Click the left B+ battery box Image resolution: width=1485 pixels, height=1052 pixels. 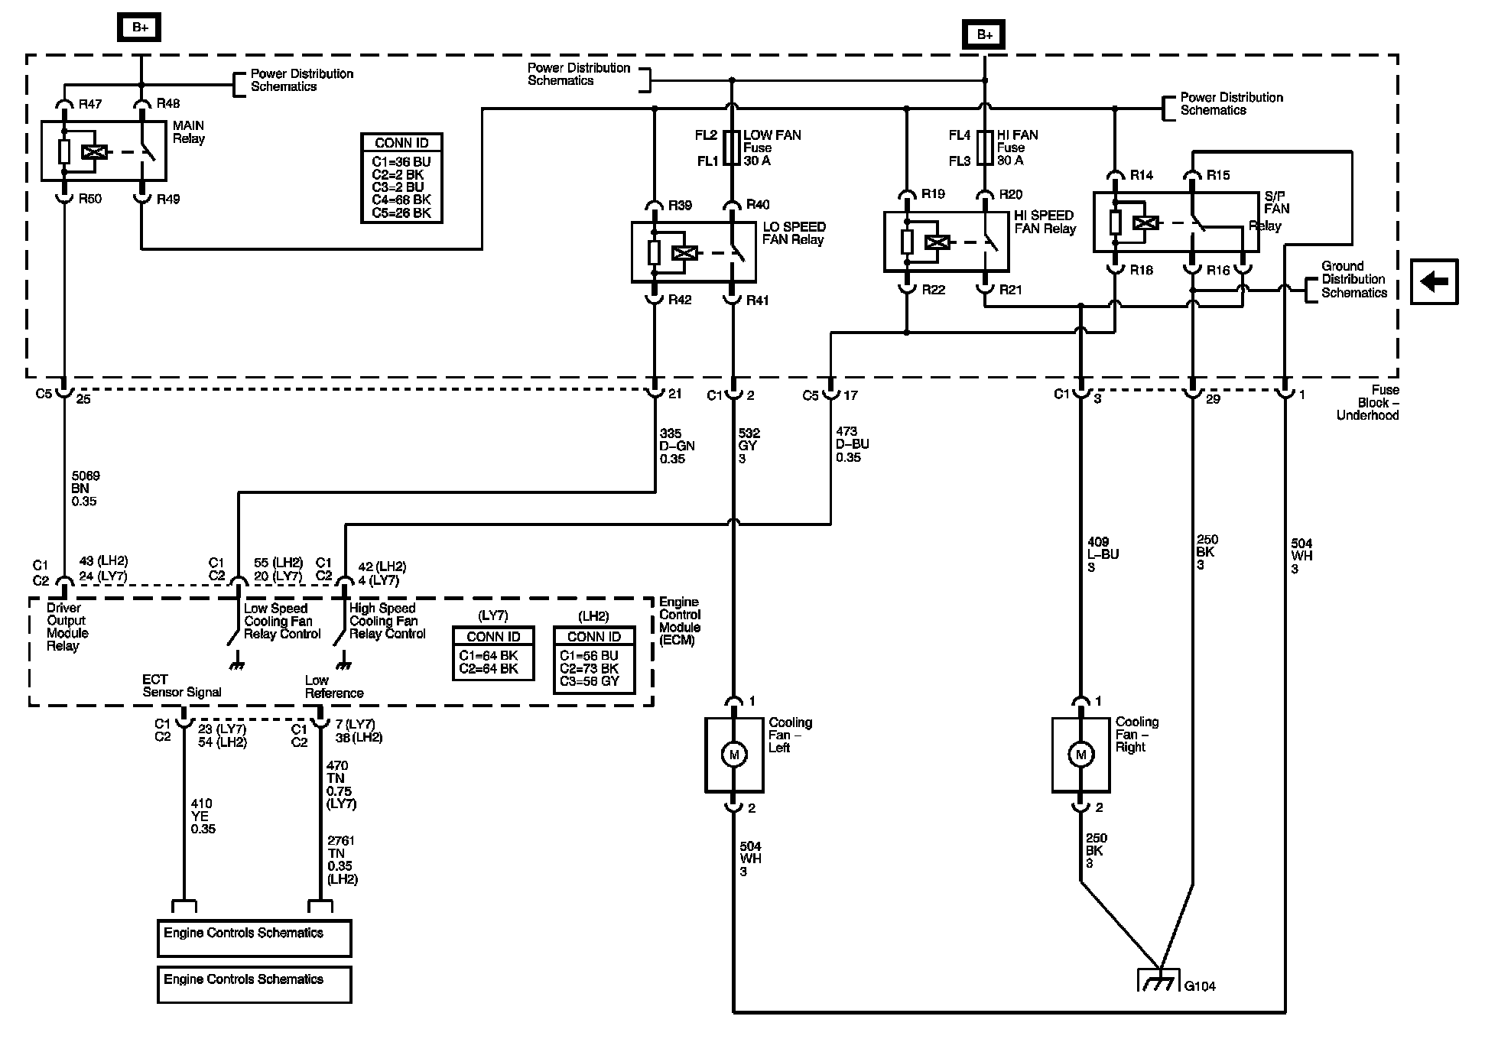coord(140,28)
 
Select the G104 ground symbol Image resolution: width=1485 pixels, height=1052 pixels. coord(1159,981)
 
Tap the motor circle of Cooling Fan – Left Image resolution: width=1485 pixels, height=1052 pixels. coord(734,755)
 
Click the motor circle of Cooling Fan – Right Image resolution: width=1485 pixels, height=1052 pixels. coord(1080,755)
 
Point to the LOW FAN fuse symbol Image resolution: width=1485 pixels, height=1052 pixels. coord(733,148)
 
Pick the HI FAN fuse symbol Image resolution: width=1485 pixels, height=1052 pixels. coord(985,148)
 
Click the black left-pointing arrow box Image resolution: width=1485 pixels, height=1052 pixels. coord(1435,281)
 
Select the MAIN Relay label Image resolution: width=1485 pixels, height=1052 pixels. coord(189,132)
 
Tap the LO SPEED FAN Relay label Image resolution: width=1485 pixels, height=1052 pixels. coord(794,233)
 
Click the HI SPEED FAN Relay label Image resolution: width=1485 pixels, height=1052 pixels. coord(1045,222)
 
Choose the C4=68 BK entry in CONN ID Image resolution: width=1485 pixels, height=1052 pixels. coord(401,200)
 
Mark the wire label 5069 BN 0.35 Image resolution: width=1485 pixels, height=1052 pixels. coord(86,489)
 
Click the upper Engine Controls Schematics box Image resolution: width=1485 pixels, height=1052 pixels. coord(254,938)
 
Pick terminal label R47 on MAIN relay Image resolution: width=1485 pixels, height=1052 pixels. coord(89,104)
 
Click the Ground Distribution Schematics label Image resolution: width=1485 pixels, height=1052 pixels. coord(1354,280)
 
